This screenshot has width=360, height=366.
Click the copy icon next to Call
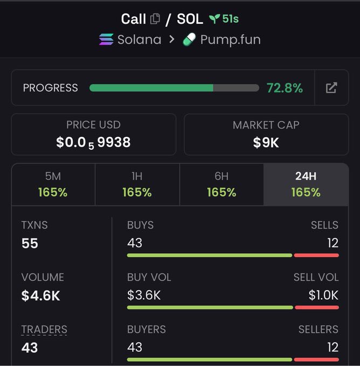(155, 19)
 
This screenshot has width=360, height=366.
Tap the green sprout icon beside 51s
(214, 19)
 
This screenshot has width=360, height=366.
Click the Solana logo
(106, 39)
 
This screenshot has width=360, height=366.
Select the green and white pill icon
(189, 39)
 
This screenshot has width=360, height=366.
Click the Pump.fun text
(231, 40)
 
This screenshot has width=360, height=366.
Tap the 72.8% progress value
(285, 88)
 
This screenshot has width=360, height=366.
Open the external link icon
(331, 88)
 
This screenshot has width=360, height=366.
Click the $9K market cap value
(266, 143)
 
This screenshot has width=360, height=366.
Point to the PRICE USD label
(93, 125)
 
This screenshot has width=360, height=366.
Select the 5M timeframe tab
(53, 185)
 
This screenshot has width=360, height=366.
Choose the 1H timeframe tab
(137, 185)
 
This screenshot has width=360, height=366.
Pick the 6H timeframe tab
(221, 185)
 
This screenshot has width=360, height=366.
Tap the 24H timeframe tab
(306, 185)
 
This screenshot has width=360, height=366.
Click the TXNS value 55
(30, 243)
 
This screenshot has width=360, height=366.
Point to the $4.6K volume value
(40, 295)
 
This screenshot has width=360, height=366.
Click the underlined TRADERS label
(44, 329)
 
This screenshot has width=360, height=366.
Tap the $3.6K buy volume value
(144, 295)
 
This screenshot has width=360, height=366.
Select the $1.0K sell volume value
(323, 295)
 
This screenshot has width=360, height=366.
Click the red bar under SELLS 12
(316, 255)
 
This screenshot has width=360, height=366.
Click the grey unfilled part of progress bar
(236, 88)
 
